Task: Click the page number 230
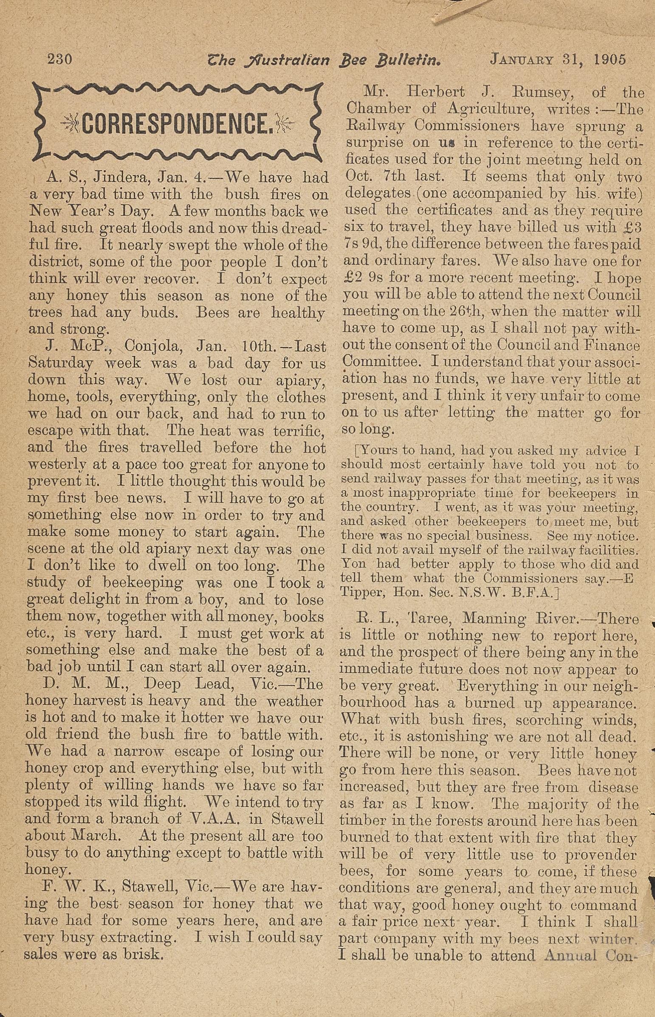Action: [60, 59]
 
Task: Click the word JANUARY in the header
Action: [522, 59]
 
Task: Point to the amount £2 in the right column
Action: [352, 278]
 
